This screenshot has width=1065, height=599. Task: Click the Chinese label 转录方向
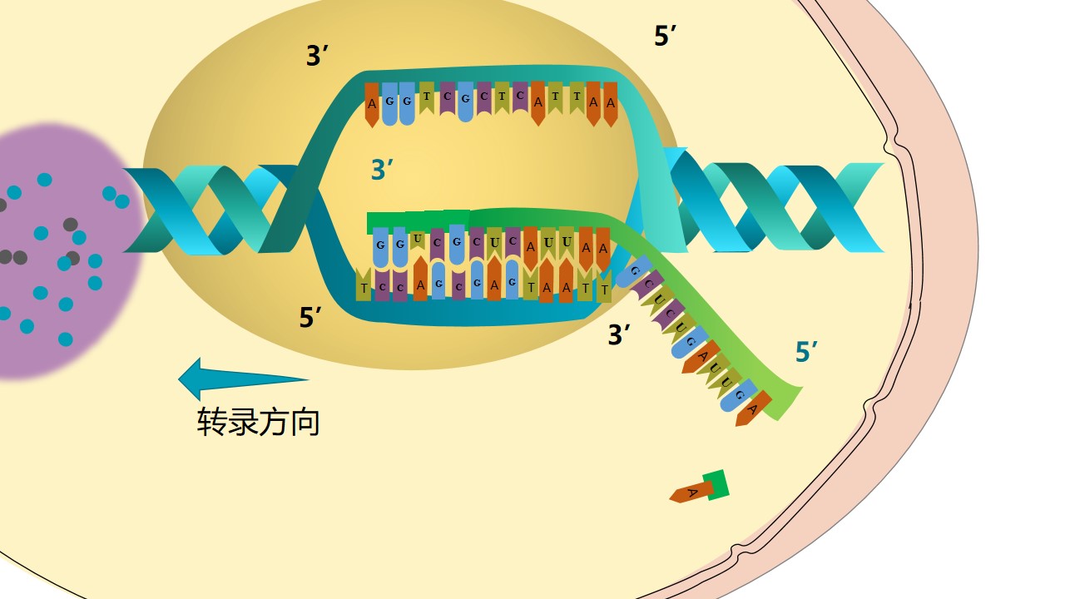point(258,422)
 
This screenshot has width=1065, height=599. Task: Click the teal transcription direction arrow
point(241,379)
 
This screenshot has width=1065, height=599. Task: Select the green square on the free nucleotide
point(716,485)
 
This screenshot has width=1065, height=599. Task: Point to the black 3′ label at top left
point(318,57)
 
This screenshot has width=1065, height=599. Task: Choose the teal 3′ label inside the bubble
point(382,170)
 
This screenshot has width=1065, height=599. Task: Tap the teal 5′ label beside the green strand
point(807,352)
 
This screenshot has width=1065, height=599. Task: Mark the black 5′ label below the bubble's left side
point(311,317)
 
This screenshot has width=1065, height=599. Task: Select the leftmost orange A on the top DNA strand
point(372,104)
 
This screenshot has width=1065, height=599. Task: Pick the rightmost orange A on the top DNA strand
point(611,103)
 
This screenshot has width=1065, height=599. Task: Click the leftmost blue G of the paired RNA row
point(380,246)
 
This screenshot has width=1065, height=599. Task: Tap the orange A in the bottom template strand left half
point(420,283)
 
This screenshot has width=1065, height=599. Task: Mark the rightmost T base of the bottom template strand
point(604,288)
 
